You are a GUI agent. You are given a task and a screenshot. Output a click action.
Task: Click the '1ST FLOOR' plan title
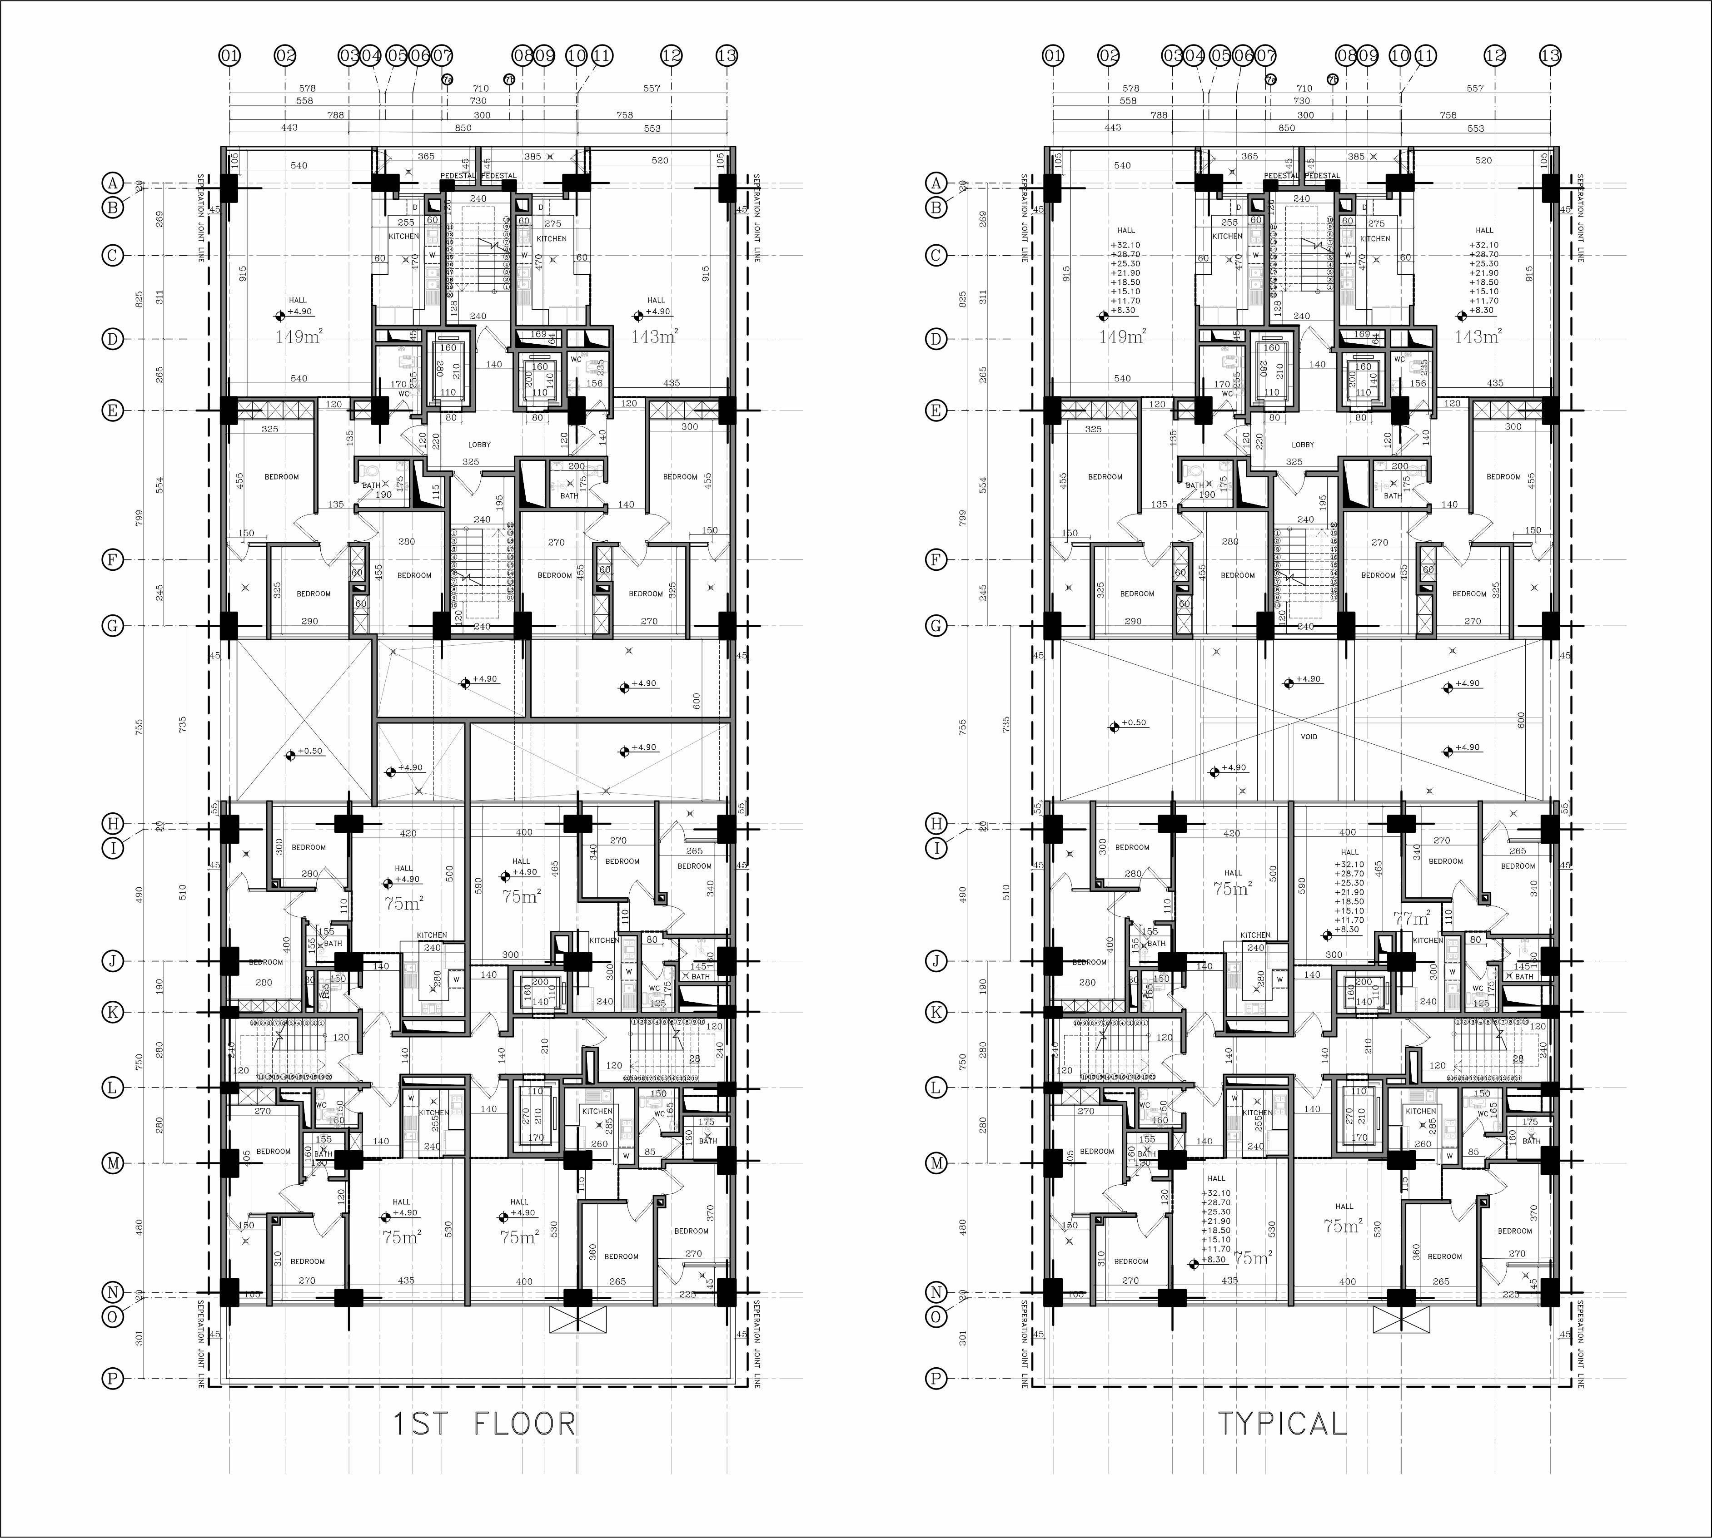[x=484, y=1424]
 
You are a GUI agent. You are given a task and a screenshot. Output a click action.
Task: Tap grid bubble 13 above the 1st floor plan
[x=726, y=56]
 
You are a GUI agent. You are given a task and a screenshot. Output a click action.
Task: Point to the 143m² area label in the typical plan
[x=1478, y=336]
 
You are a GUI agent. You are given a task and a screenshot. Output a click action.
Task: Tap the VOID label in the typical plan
[x=1309, y=737]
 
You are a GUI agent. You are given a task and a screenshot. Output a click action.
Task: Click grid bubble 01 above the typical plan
[x=1053, y=56]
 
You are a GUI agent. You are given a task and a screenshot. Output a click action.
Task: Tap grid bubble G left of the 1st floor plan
[x=112, y=626]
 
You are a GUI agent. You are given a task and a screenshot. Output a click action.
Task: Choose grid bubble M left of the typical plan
[x=936, y=1163]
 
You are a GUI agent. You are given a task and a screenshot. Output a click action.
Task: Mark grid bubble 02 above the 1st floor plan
[x=286, y=56]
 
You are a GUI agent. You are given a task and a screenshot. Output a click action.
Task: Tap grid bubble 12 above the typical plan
[x=1495, y=56]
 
